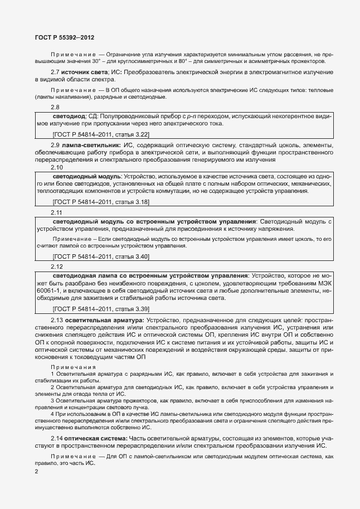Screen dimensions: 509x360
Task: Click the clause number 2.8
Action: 55,107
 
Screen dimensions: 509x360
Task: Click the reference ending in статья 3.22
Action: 100,134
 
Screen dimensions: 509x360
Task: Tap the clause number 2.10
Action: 57,167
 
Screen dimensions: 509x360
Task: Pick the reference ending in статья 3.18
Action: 100,201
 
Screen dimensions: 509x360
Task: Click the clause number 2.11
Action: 57,212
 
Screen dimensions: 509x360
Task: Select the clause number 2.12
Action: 57,266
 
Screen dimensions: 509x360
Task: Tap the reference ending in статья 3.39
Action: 100,309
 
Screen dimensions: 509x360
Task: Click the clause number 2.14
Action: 57,438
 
